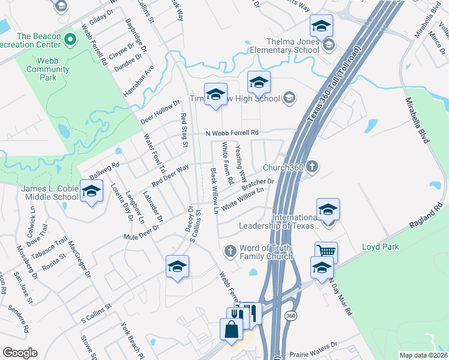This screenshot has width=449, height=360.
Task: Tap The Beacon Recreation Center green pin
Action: (x=70, y=40)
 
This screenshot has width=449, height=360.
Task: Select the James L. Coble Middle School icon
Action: (x=91, y=193)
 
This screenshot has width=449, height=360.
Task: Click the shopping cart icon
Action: (x=326, y=252)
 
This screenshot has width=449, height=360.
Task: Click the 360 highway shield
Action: (x=291, y=316)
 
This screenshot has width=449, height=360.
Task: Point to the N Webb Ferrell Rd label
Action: (x=232, y=133)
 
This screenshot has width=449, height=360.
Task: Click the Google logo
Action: (x=20, y=353)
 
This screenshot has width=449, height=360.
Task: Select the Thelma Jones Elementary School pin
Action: (x=328, y=45)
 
